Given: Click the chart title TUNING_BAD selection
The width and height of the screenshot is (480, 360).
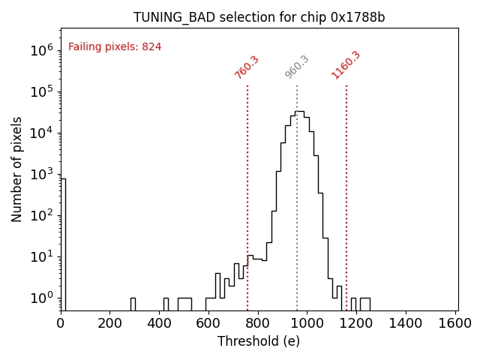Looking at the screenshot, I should (259, 17).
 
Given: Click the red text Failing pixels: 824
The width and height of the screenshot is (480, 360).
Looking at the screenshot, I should (115, 47).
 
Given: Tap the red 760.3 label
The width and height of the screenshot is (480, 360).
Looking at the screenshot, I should (247, 67).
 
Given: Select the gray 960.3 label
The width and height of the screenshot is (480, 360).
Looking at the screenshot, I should (297, 67).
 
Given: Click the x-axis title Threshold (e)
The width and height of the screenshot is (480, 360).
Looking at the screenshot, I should (259, 341).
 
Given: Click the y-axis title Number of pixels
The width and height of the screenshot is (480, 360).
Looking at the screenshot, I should (17, 169).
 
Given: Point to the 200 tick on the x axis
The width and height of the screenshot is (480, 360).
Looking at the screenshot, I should (110, 323).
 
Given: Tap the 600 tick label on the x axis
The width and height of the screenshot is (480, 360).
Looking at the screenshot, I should (208, 323).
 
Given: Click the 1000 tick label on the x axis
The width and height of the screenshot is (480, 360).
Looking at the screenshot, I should (307, 323).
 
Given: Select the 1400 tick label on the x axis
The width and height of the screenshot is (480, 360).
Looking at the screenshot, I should (406, 323).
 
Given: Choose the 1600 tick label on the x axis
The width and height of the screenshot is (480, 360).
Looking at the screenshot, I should (455, 323).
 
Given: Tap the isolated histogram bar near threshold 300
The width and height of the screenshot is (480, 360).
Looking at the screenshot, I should (133, 304).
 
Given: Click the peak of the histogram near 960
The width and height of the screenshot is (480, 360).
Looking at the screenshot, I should (299, 112).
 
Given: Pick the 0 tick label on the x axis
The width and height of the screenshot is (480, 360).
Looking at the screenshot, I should (61, 323).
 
